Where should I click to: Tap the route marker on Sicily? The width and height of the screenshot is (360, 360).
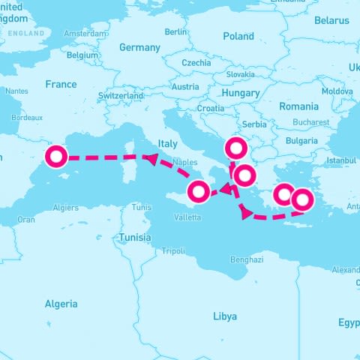198,192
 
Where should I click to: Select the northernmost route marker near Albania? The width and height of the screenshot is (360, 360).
235,148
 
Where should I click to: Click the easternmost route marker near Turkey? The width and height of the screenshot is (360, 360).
301,200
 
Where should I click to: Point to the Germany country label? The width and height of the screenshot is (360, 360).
139,47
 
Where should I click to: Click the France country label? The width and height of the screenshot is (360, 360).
61,85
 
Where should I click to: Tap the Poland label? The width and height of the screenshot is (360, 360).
238,36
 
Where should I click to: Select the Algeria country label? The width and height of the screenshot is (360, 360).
61,304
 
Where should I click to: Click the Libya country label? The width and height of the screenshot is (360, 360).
225,316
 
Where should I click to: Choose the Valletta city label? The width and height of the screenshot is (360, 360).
187,217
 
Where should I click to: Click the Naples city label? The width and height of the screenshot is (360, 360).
184,162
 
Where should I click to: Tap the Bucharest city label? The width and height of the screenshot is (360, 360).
311,122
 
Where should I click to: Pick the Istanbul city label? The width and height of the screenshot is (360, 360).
341,160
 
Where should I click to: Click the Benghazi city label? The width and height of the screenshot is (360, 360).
247,259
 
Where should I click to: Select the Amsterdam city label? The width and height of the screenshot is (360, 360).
85,34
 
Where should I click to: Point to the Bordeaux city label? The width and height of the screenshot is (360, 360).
27,118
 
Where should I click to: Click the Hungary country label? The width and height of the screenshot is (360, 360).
241,93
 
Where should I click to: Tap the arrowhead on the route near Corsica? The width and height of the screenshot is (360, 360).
151,157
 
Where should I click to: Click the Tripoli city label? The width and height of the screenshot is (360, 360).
173,250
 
